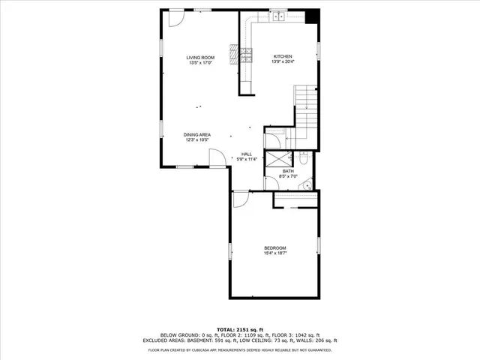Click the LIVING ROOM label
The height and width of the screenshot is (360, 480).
tap(200, 58)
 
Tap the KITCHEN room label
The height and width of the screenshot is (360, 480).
tap(283, 57)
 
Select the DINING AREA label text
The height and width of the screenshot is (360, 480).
tap(196, 135)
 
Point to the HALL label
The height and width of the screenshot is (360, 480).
tap(246, 154)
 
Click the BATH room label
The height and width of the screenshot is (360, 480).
tap(288, 172)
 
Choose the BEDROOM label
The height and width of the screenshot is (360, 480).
tap(274, 248)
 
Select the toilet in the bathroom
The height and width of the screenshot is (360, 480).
tap(303, 158)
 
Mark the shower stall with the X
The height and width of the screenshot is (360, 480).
tap(279, 158)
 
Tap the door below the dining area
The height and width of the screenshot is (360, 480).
tap(215, 157)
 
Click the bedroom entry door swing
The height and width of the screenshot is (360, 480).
tap(241, 199)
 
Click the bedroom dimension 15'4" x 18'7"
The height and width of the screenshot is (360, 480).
tap(274, 253)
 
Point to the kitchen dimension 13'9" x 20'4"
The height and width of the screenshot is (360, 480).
tap(283, 62)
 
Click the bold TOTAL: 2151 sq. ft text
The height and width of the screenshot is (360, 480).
tap(240, 329)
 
